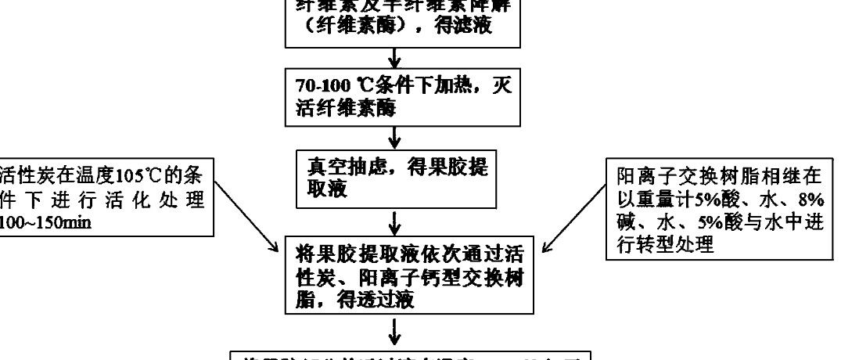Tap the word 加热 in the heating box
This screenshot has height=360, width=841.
(444, 87)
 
